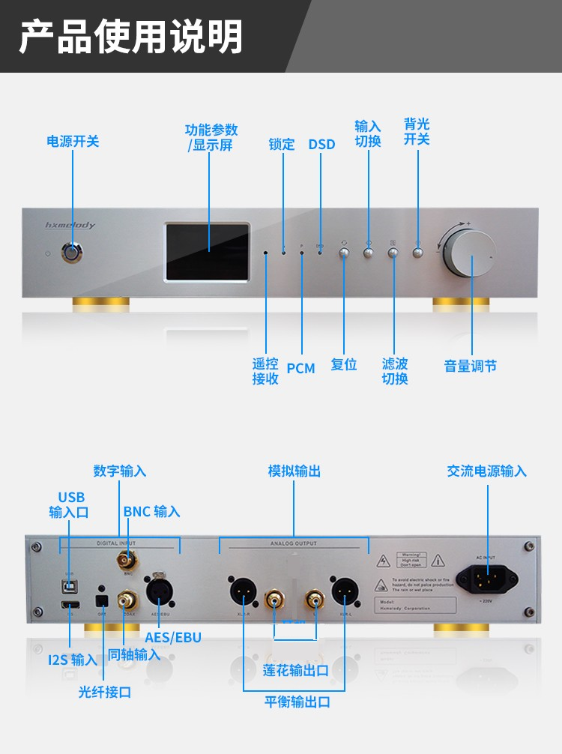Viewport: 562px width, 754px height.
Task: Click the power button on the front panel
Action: click(73, 253)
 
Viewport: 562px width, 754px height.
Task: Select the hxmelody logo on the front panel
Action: click(70, 224)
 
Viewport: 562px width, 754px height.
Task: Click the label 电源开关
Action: click(73, 141)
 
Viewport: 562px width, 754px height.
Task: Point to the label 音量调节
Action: click(471, 366)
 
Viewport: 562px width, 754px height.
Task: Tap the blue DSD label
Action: click(321, 144)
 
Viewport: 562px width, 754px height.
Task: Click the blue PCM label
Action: click(300, 368)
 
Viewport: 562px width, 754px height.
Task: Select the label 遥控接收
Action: click(265, 371)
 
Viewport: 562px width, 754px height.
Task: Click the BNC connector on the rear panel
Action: click(125, 559)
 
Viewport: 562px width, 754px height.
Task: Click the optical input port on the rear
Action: click(101, 600)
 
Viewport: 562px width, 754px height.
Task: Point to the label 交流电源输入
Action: click(487, 471)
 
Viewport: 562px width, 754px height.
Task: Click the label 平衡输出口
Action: click(297, 702)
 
